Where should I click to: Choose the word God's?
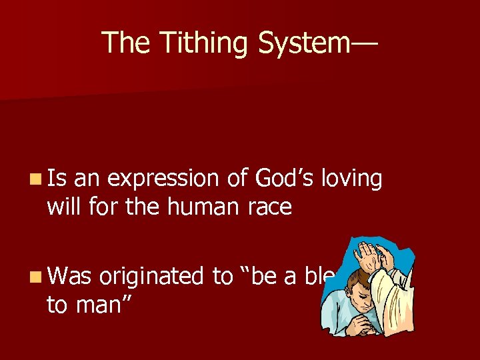point(280,179)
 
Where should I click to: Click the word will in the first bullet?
point(65,208)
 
